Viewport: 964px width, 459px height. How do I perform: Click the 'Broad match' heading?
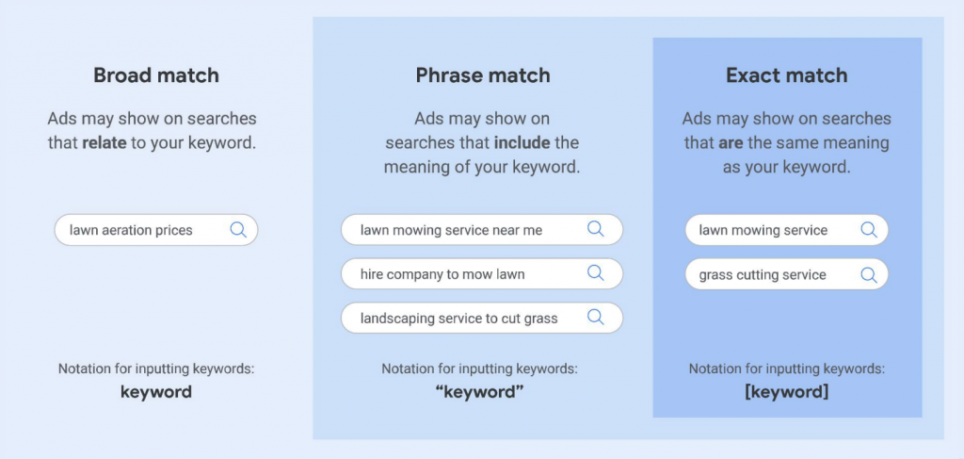click(156, 75)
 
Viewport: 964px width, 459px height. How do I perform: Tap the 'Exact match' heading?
click(786, 75)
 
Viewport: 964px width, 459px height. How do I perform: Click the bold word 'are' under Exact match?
click(731, 143)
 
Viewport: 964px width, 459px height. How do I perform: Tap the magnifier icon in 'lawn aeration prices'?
click(238, 230)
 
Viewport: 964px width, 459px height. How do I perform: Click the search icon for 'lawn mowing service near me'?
click(596, 229)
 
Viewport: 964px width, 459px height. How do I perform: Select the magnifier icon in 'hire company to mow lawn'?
click(596, 273)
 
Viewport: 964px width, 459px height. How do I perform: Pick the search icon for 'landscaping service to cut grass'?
click(596, 318)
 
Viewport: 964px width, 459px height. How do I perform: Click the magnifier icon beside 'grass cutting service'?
click(868, 274)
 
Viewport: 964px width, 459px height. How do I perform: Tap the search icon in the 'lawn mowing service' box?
click(868, 230)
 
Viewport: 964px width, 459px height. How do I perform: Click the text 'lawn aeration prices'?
click(131, 230)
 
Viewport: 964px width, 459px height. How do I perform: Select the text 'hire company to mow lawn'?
click(442, 274)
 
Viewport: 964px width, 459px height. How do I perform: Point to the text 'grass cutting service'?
click(763, 275)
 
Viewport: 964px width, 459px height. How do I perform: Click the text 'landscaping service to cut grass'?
click(458, 319)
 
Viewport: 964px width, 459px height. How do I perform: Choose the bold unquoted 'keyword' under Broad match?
click(156, 391)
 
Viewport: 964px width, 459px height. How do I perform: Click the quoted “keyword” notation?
click(479, 391)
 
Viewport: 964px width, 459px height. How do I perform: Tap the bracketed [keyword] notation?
click(786, 391)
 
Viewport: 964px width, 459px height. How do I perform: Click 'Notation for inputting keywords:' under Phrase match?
click(479, 369)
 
